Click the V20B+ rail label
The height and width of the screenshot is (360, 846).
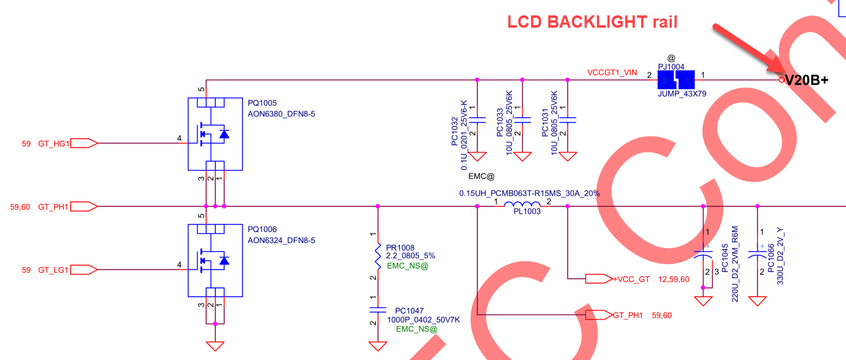point(807,80)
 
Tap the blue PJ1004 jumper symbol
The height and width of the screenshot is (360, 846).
point(676,80)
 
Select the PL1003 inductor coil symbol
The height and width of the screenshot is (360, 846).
point(522,206)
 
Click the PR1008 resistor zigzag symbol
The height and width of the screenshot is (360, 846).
point(378,255)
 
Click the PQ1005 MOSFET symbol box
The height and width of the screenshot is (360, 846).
point(214,134)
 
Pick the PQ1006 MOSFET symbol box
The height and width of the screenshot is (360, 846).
point(214,260)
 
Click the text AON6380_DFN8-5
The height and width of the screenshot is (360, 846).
point(281,114)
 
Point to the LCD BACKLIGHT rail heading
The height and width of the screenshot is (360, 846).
point(592,22)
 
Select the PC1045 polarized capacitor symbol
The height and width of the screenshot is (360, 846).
point(703,253)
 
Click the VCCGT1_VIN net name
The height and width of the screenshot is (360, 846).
point(612,73)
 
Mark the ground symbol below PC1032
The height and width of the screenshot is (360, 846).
point(477,157)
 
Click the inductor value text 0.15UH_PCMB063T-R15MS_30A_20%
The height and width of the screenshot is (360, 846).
point(529,193)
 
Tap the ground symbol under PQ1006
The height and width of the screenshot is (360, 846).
point(215,345)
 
